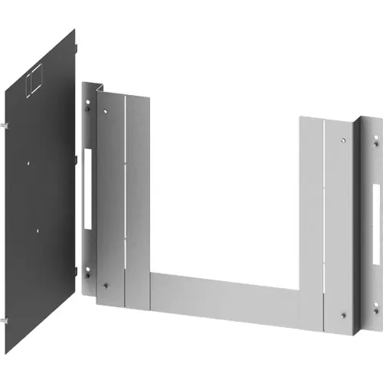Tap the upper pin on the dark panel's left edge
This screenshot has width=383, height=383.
point(6,124)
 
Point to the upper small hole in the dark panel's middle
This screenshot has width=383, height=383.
point(28,161)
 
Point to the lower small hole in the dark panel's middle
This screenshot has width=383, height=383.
point(36,228)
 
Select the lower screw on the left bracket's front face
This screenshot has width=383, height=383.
point(106,284)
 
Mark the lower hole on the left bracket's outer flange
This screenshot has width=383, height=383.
point(88,270)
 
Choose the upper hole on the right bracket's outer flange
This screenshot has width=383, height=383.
point(376,139)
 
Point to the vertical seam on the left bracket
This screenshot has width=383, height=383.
point(125,199)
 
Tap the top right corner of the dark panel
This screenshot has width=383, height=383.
point(74,31)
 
